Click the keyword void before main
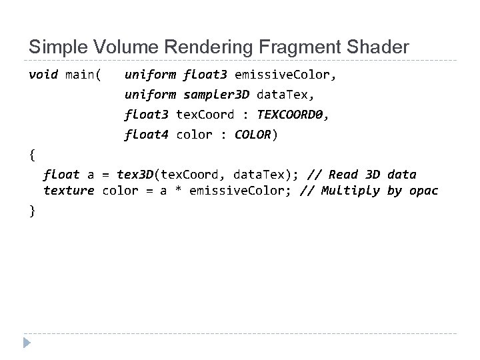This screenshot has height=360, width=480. point(43,74)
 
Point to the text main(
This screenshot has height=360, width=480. point(83,74)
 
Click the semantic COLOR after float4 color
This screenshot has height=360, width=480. point(253,135)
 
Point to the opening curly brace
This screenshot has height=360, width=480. point(32,155)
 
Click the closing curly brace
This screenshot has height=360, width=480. point(32,210)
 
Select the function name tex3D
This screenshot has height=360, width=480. point(135,175)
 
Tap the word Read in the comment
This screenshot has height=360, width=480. point(344,175)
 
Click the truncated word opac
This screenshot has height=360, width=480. point(424,191)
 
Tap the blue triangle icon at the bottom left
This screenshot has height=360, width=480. point(27,344)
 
